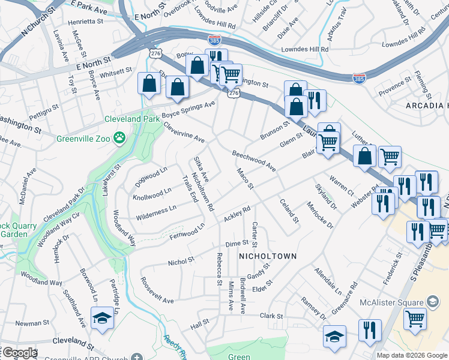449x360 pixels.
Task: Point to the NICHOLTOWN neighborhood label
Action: click(x=268, y=256)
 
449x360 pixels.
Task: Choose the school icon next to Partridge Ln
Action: click(x=103, y=319)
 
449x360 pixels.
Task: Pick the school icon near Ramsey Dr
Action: click(x=334, y=337)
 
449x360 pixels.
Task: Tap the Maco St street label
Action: click(x=246, y=179)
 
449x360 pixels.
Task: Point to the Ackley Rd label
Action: click(x=237, y=214)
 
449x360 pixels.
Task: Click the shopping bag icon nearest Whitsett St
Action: click(x=149, y=85)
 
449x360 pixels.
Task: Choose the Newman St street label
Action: click(x=28, y=323)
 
